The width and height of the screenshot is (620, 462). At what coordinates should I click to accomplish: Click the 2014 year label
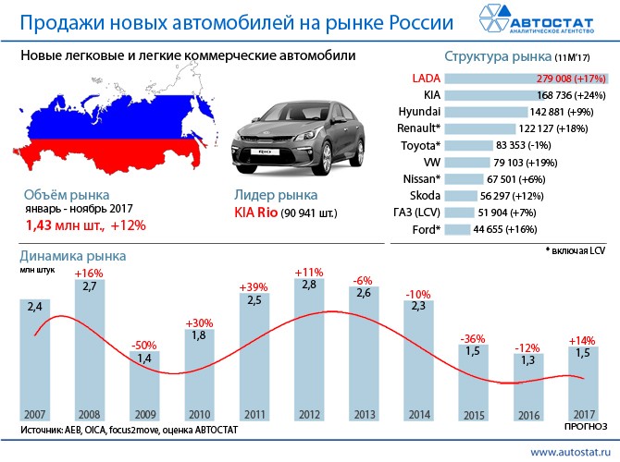click(420, 415)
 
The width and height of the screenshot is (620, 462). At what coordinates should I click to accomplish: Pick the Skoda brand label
click(425, 195)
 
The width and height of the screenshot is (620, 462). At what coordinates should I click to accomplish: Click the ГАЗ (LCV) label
click(417, 212)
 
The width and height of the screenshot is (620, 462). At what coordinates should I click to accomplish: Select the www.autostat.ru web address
click(569, 449)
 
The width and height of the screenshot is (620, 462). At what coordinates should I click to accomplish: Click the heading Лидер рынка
click(277, 196)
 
